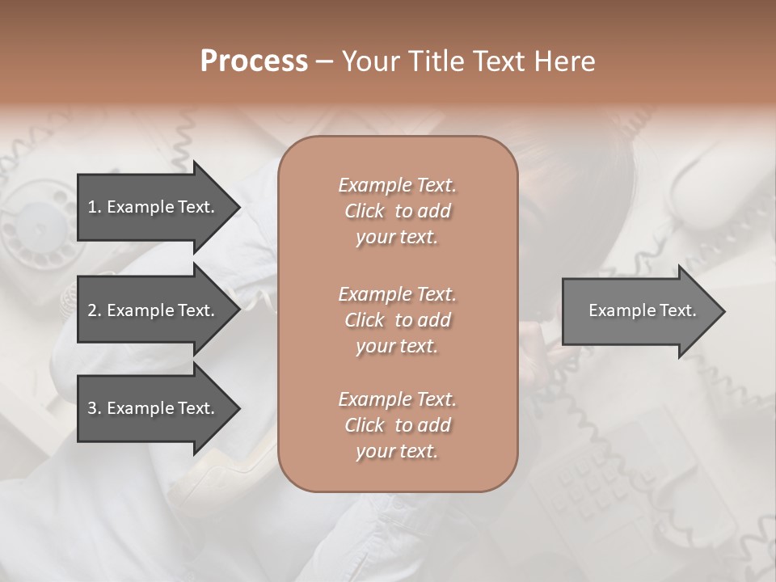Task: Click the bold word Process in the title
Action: [254, 61]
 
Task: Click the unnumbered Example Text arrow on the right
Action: [642, 310]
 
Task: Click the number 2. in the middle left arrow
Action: [95, 310]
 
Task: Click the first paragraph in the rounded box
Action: [397, 211]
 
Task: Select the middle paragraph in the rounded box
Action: [397, 320]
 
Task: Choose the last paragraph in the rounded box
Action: [397, 425]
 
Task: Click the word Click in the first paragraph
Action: [364, 211]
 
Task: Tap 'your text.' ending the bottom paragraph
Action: [397, 452]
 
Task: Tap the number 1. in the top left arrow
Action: [95, 207]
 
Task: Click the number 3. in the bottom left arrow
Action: [95, 408]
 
